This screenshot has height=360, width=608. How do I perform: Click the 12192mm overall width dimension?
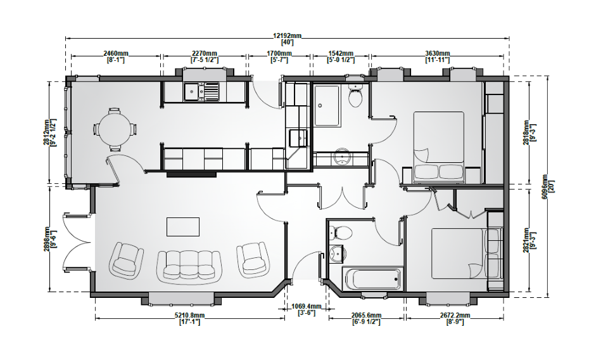(x=287, y=35)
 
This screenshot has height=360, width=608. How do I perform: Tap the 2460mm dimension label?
(x=115, y=53)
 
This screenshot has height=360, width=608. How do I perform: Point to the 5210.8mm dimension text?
(x=189, y=316)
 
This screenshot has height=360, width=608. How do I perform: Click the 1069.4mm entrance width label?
(x=307, y=307)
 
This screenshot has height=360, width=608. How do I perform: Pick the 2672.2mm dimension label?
(x=455, y=316)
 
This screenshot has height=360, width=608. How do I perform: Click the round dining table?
(x=115, y=129)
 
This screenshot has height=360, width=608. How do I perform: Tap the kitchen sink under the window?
(x=201, y=92)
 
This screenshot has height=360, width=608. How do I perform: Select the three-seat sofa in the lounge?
(x=189, y=266)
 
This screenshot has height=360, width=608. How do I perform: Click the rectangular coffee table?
(x=183, y=227)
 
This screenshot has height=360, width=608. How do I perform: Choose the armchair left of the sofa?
(x=127, y=259)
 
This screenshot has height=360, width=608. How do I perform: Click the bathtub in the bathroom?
(x=372, y=278)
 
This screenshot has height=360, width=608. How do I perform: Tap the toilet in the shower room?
(x=355, y=96)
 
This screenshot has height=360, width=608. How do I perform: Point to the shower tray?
(x=327, y=105)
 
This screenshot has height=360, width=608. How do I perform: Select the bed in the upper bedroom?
(x=438, y=147)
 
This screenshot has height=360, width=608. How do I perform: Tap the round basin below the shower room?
(x=342, y=157)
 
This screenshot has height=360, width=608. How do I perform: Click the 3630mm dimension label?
(x=438, y=53)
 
